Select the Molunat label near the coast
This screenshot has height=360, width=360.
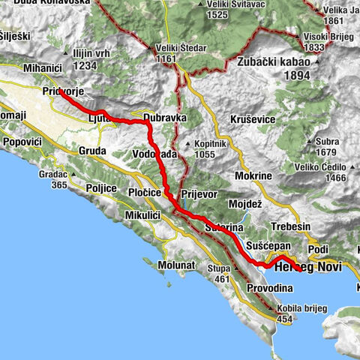tap(177, 265)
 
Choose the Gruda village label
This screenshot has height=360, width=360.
tap(91, 150)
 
